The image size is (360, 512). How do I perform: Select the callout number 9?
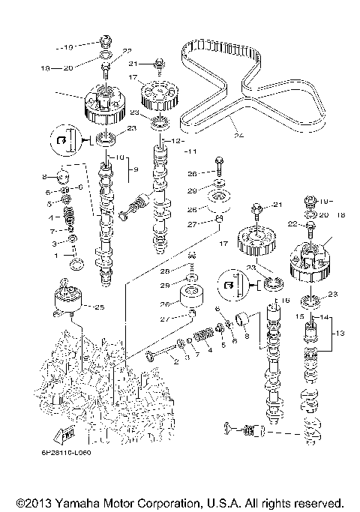click(x=136, y=170)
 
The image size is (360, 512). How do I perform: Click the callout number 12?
click(x=178, y=140)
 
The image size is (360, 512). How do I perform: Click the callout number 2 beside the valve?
click(x=175, y=361)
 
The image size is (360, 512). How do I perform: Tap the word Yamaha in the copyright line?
click(x=84, y=501)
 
